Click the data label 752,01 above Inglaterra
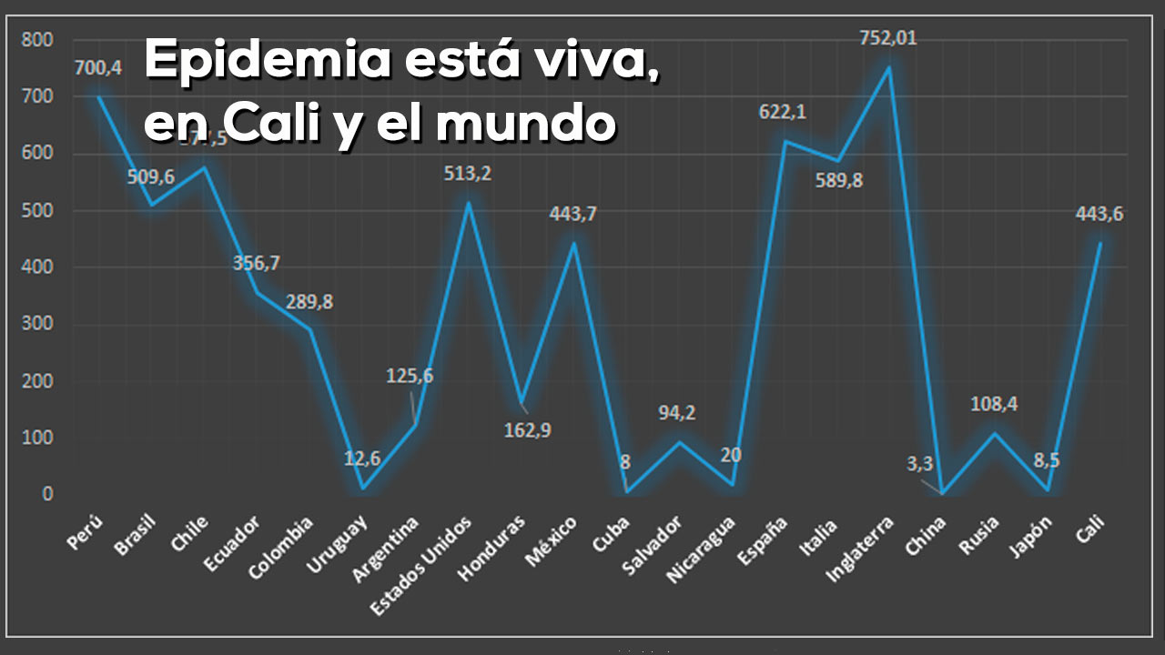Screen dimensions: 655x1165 [x=889, y=38]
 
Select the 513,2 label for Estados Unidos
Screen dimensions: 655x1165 [x=468, y=173]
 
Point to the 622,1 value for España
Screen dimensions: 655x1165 [x=783, y=112]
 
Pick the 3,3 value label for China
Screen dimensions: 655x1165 [x=919, y=464]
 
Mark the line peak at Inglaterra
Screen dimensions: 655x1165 [x=889, y=67]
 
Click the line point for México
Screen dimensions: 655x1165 [x=574, y=243]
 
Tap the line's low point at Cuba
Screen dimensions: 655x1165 [x=626, y=491]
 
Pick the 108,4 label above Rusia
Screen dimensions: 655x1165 [x=994, y=403]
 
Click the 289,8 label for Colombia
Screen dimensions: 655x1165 [x=309, y=302]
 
